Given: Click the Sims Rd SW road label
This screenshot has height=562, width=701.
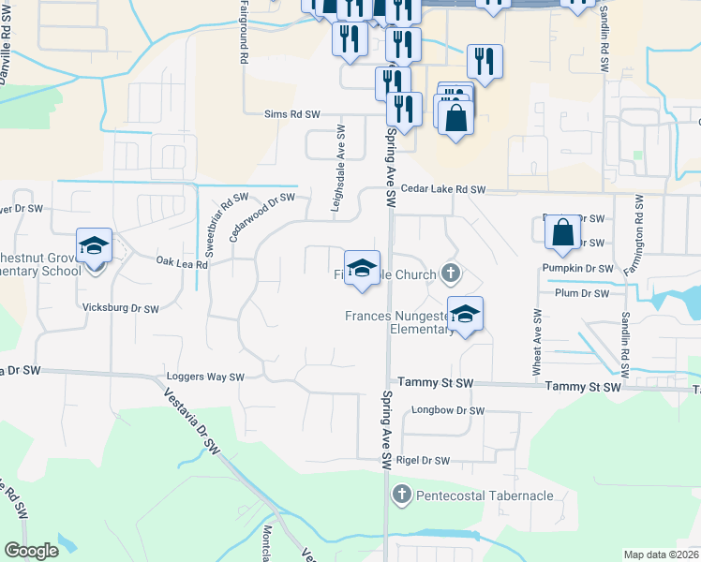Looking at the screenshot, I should pos(292,114).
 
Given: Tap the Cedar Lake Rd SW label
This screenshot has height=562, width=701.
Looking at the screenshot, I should pos(443,190).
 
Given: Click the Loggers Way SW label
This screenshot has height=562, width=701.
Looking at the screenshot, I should pos(204,377).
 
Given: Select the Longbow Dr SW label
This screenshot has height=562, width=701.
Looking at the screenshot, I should pos(448,411).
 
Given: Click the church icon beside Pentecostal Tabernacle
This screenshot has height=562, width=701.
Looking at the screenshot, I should pos(401,495).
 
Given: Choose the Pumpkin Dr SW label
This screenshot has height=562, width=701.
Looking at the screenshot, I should pos(577,269).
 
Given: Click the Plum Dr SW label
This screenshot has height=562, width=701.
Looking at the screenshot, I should pos(584,294).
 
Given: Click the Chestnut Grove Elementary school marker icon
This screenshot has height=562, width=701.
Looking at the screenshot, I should pos(95,246).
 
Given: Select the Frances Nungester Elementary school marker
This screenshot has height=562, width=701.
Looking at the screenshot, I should pos(464,315).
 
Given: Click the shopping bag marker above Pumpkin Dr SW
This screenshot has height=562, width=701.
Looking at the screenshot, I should pos(561,232).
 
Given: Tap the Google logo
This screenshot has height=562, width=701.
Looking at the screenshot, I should pos(32,551).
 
